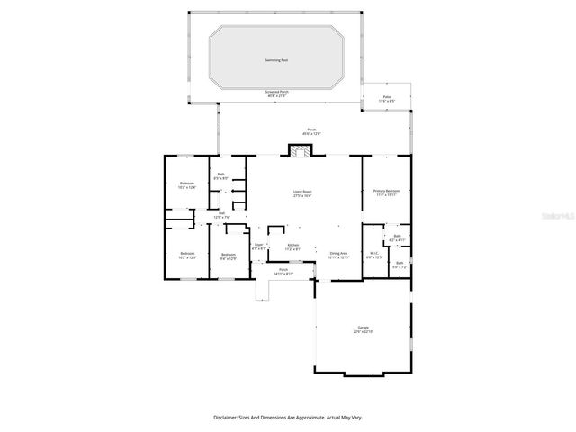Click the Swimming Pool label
pyautogui.click(x=276, y=60)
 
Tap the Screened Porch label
pyautogui.click(x=276, y=94)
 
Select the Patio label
pyautogui.click(x=387, y=98)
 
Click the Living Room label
pyautogui.click(x=302, y=193)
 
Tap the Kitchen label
pyautogui.click(x=292, y=247)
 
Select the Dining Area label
pyautogui.click(x=338, y=256)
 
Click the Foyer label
pyautogui.click(x=258, y=246)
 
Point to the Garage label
pyautogui.click(x=364, y=329)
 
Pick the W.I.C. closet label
pyautogui.click(x=375, y=256)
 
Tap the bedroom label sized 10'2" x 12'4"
pyautogui.click(x=187, y=185)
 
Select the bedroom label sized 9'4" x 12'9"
pyautogui.click(x=229, y=256)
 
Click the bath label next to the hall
pyautogui.click(x=221, y=177)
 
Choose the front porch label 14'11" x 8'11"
pyautogui.click(x=283, y=272)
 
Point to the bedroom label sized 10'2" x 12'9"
pyautogui.click(x=187, y=256)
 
